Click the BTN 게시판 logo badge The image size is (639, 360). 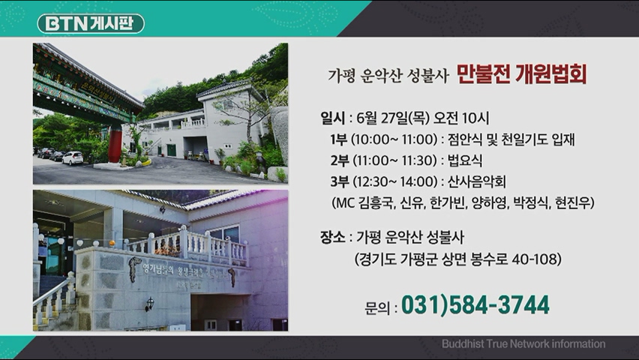pos(91,23)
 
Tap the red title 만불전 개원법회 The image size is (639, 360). pos(522,74)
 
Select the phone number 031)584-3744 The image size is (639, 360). pos(475,305)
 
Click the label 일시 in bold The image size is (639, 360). pos(332,118)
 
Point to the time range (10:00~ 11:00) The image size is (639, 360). pos(394,139)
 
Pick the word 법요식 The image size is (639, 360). pos(464,160)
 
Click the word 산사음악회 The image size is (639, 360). pos(476,181)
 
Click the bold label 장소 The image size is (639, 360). pos(332,237)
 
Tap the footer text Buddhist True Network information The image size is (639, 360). pos(523,343)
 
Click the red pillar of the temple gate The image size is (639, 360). pos(115,145)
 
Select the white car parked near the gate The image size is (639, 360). pos(73,157)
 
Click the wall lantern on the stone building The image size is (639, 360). pos(149,304)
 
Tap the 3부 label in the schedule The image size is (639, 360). pos(340,181)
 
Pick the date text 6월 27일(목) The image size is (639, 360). pos(393,118)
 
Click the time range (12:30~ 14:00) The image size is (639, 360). pos(394,181)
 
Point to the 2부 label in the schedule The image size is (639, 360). pos(340,160)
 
